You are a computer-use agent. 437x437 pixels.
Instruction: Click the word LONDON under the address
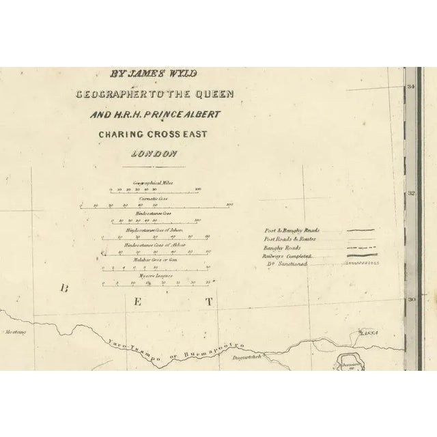point(157,154)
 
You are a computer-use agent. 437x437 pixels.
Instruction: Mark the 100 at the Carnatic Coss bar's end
point(230,204)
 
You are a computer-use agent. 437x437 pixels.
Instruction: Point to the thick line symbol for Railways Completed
point(361,255)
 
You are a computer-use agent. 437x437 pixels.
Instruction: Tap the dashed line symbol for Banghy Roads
point(361,247)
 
